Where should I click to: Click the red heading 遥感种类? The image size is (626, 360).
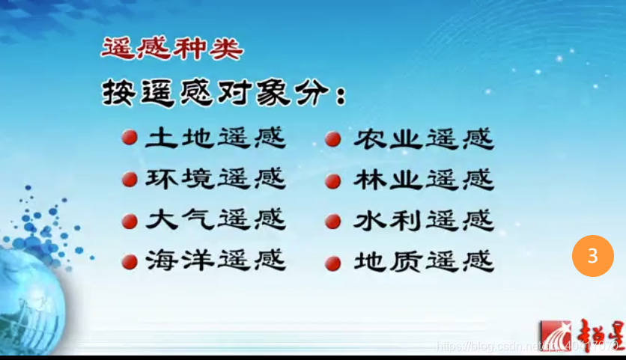(x=171, y=50)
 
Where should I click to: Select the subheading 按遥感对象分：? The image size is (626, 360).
(x=225, y=94)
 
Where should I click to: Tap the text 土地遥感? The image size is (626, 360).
(x=215, y=138)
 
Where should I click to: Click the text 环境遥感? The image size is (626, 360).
(x=215, y=180)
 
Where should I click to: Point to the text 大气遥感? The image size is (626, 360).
(x=215, y=221)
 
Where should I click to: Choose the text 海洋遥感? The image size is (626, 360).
(x=215, y=261)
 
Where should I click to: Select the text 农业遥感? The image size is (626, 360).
(x=423, y=138)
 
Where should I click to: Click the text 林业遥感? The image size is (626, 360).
(x=423, y=180)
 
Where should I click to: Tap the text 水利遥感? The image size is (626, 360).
(x=423, y=221)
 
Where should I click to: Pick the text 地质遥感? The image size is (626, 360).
(x=423, y=261)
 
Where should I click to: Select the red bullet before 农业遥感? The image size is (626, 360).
(x=334, y=139)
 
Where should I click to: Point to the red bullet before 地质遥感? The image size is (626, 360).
(x=334, y=263)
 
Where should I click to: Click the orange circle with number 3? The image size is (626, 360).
(x=592, y=256)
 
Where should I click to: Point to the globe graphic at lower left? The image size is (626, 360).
(x=30, y=299)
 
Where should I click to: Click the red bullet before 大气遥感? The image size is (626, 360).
(x=129, y=222)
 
